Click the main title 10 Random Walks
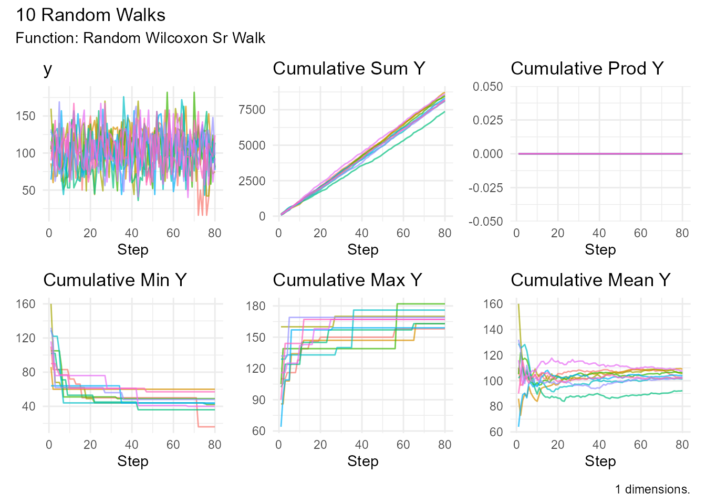[90, 15]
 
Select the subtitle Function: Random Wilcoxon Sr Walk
[140, 38]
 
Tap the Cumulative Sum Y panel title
[349, 69]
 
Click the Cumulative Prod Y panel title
[587, 69]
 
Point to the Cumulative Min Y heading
[115, 280]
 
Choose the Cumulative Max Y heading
[347, 280]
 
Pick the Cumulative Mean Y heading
[590, 280]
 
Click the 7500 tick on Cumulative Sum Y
[252, 110]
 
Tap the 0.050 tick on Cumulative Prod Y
[487, 87]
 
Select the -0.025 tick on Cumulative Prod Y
[486, 188]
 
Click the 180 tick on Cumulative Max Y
[256, 306]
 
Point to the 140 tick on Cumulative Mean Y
[494, 330]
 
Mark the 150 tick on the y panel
[26, 116]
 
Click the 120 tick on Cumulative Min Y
[26, 338]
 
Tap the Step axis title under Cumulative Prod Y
[600, 250]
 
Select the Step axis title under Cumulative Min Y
[133, 461]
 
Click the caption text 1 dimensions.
[652, 489]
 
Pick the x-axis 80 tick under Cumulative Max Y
[444, 445]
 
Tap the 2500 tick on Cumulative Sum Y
[252, 181]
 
